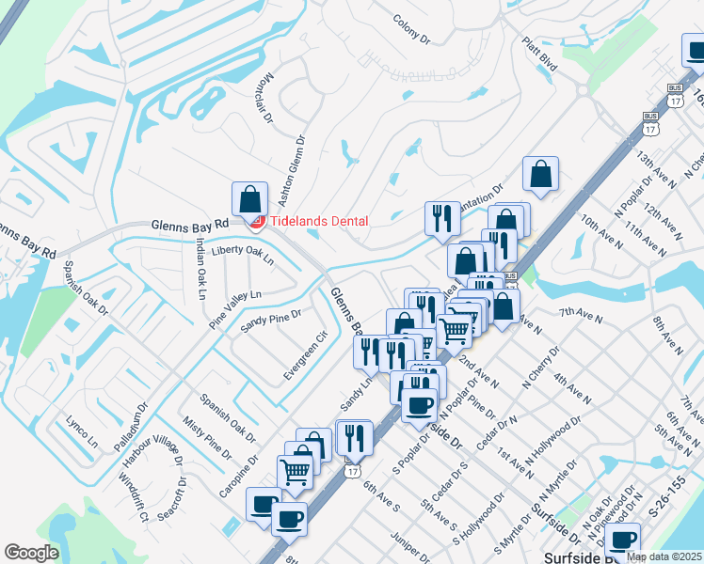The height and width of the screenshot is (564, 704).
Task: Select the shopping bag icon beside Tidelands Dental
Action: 250,198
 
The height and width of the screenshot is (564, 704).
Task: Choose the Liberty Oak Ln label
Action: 242,254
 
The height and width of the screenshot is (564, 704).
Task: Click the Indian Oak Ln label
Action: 200,268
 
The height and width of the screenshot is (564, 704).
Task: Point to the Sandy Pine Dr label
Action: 270,321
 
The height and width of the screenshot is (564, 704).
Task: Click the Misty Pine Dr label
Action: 206,439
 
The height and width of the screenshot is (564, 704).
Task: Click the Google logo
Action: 32,552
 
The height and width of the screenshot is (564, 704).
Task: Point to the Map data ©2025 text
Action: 664,556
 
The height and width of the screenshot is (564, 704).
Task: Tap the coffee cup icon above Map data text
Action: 622,540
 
